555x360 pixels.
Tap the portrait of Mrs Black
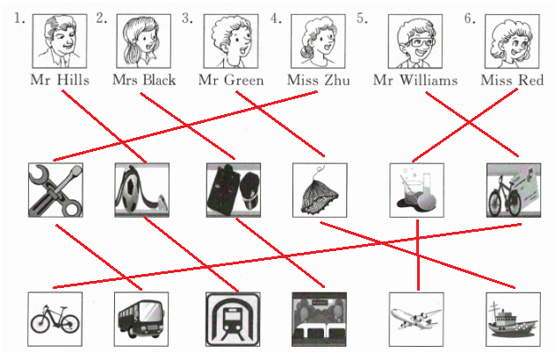[142, 41]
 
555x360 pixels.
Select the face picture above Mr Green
[231, 41]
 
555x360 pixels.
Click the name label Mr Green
[231, 80]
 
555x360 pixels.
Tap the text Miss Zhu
[319, 80]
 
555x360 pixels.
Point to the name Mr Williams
[415, 80]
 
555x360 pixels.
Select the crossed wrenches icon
[54, 190]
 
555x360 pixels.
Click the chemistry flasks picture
[416, 190]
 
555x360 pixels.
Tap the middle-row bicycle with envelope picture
[513, 190]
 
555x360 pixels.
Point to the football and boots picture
[141, 190]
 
